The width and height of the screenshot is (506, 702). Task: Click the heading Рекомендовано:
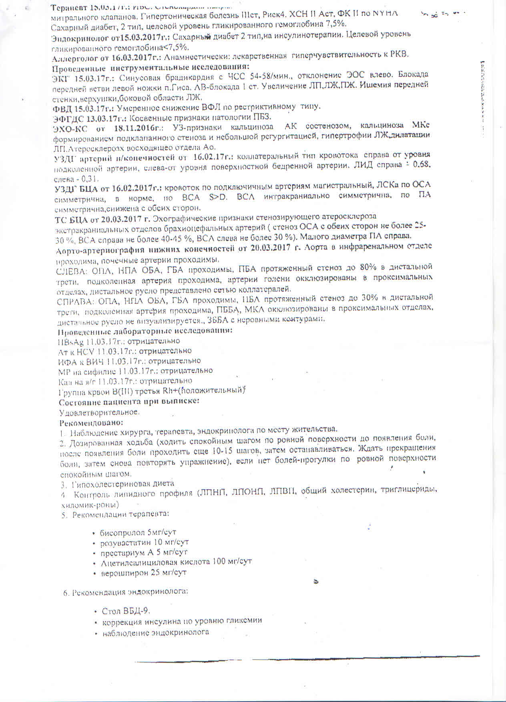point(91,422)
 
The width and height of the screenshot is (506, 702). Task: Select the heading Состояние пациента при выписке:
point(129,401)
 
